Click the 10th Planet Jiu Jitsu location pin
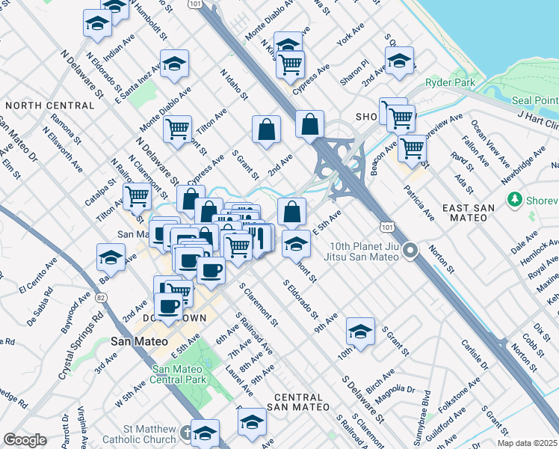coord(410,251)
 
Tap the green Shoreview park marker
coord(513,200)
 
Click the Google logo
coord(25,440)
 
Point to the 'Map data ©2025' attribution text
coord(530,443)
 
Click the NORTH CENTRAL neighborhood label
coord(50,106)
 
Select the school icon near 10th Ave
coord(360,331)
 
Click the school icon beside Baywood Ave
coord(111,257)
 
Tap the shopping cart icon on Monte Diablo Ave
coord(178,129)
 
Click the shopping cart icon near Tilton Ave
coord(138,197)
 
